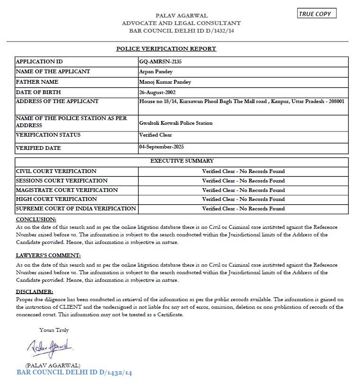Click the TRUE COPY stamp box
pyautogui.click(x=317, y=14)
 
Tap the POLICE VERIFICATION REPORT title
pyautogui.click(x=166, y=49)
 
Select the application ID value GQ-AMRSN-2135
pyautogui.click(x=160, y=61)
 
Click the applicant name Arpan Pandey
pyautogui.click(x=156, y=72)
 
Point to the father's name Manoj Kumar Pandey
pyautogui.click(x=165, y=82)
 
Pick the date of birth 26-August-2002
pyautogui.click(x=160, y=92)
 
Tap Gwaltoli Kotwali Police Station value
pyautogui.click(x=176, y=123)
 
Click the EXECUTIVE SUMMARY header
pyautogui.click(x=182, y=161)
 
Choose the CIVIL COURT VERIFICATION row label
pyautogui.click(x=56, y=171)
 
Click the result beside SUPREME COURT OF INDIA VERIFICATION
pyautogui.click(x=243, y=208)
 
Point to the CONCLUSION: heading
pyautogui.click(x=36, y=219)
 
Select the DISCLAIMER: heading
pyautogui.click(x=35, y=292)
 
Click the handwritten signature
pyautogui.click(x=49, y=348)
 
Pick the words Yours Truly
pyautogui.click(x=54, y=330)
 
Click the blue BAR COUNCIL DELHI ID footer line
pyautogui.click(x=74, y=373)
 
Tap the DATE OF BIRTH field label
pyautogui.click(x=38, y=92)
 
